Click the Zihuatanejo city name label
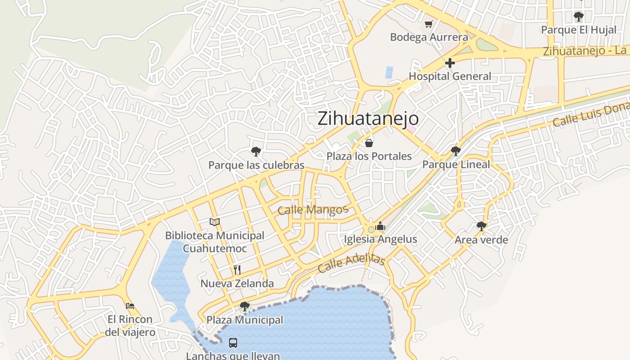point(368,119)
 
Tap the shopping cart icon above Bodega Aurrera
point(428,24)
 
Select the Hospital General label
point(450,76)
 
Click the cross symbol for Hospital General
point(450,63)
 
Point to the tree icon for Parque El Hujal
point(578,17)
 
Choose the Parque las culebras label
point(256,165)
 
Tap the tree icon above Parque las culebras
point(256,152)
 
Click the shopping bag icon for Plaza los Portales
point(369,143)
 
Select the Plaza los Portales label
point(369,156)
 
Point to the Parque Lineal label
point(456,165)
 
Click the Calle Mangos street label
point(313,210)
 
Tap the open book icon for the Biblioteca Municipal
point(215,222)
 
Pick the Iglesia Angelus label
point(380,239)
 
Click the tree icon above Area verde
point(481,226)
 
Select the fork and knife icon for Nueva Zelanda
point(237,270)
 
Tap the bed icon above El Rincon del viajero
point(130,306)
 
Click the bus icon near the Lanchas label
point(233,343)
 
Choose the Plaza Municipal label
point(245,320)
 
